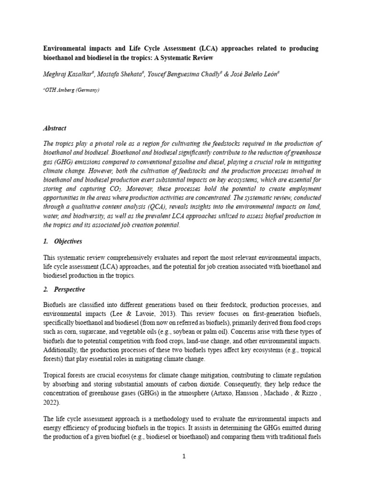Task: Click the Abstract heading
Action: click(55, 129)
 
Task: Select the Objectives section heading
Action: click(68, 241)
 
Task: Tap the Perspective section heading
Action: click(69, 290)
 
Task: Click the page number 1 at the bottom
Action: click(184, 456)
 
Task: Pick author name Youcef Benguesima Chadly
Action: click(173, 74)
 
